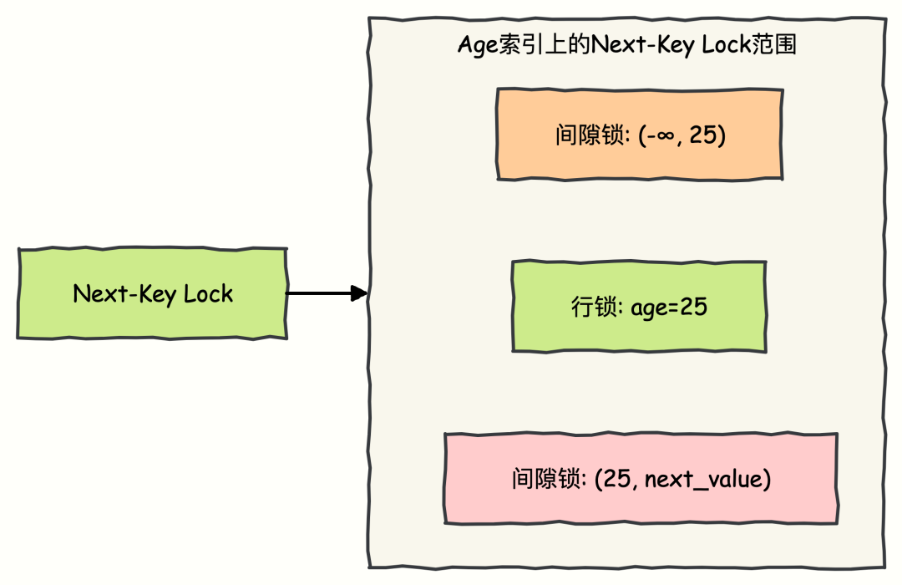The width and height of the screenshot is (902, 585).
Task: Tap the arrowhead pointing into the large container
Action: pyautogui.click(x=360, y=293)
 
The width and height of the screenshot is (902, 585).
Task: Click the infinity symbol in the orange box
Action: pyautogui.click(x=666, y=135)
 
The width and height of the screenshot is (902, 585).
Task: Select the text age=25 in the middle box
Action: pyautogui.click(x=668, y=308)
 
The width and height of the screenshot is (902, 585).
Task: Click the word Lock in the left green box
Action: pyautogui.click(x=208, y=294)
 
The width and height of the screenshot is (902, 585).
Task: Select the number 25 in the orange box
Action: pyautogui.click(x=703, y=135)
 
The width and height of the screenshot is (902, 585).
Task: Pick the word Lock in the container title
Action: pyautogui.click(x=726, y=44)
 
